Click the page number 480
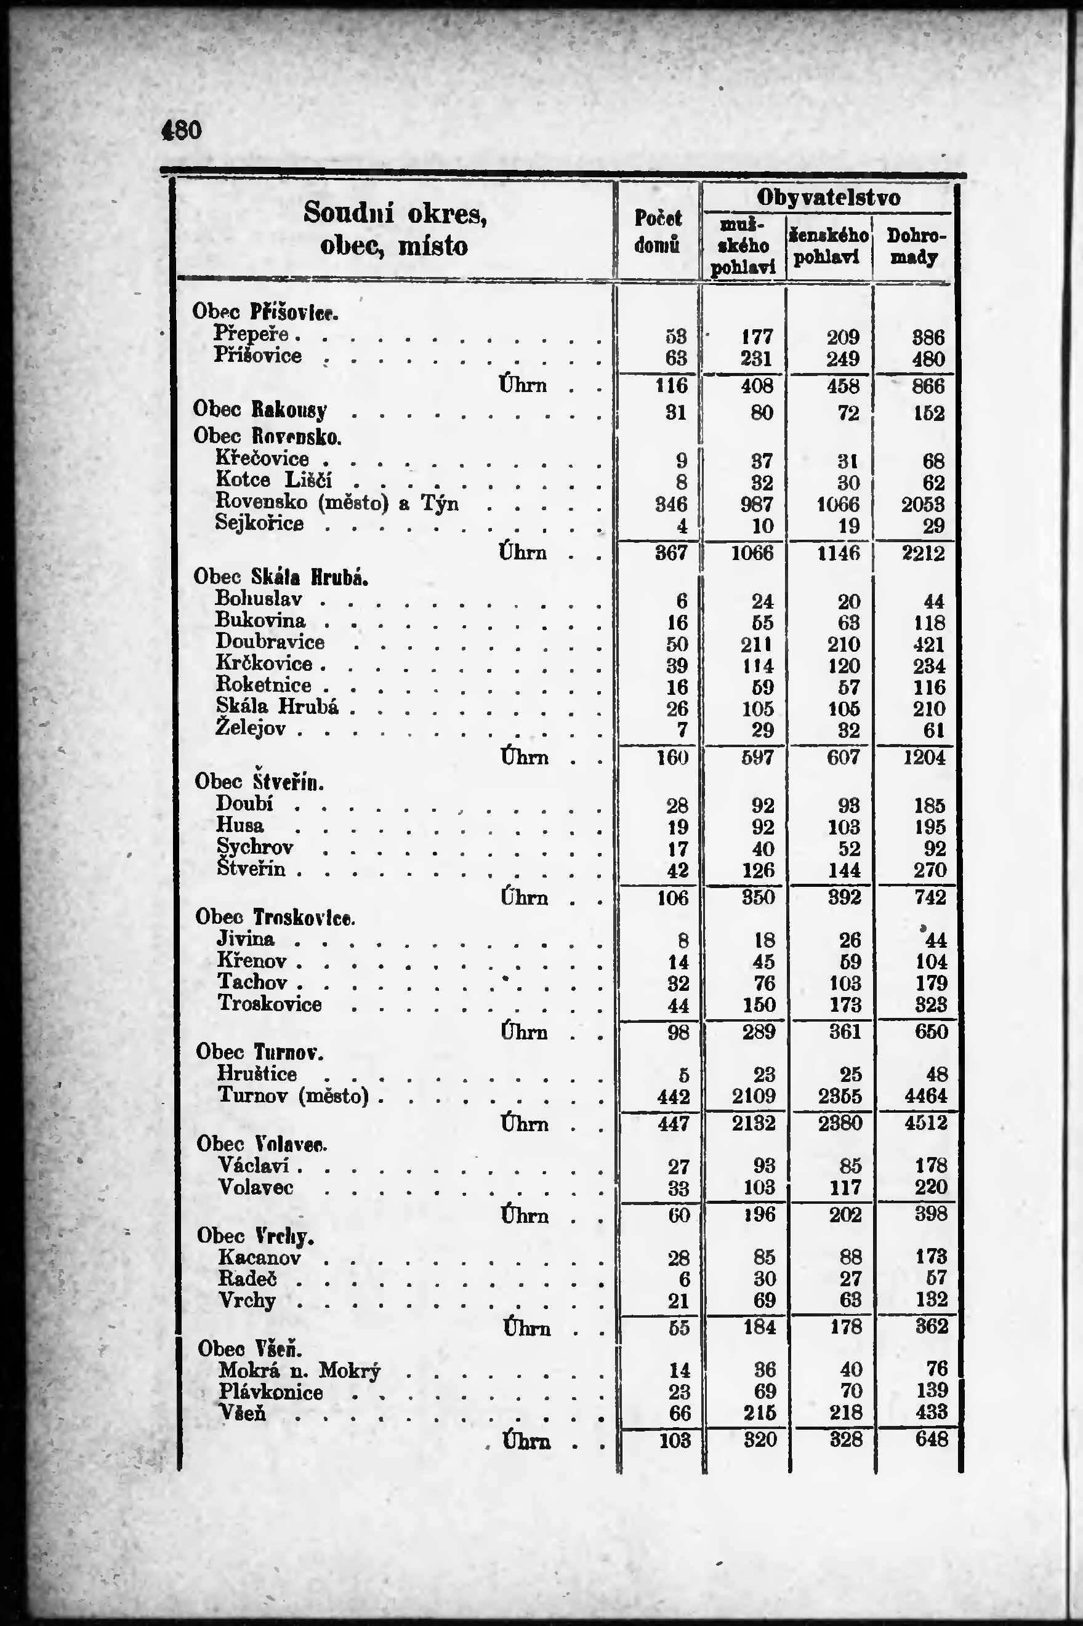pyautogui.click(x=181, y=130)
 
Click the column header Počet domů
pyautogui.click(x=658, y=231)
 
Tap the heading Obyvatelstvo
pyautogui.click(x=828, y=198)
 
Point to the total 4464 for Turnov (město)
pyautogui.click(x=925, y=1097)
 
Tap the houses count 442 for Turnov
pyautogui.click(x=673, y=1097)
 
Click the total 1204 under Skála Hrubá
pyautogui.click(x=924, y=758)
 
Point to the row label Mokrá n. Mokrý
pyautogui.click(x=299, y=1371)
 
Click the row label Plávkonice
pyautogui.click(x=271, y=1392)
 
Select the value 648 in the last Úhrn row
pyautogui.click(x=931, y=1440)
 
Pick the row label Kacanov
pyautogui.click(x=260, y=1257)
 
